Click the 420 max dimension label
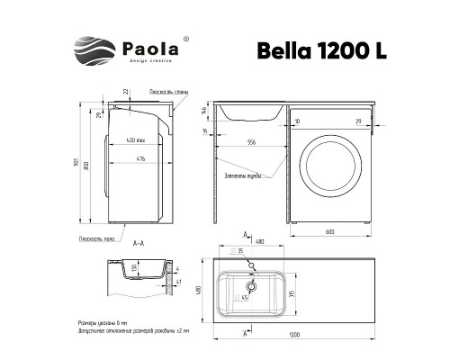point(137,142)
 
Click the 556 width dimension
point(249,142)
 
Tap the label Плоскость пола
point(94,238)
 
